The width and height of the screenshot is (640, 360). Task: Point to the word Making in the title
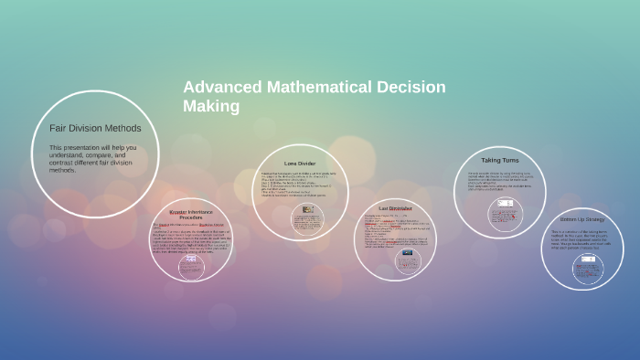[211, 107]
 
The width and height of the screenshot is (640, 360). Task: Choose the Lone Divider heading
[300, 164]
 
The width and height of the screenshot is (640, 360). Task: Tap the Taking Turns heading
[499, 160]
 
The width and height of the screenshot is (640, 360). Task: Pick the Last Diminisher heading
[396, 208]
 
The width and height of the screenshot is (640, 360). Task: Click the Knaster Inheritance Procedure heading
[191, 215]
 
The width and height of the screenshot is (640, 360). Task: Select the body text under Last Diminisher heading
[396, 232]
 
